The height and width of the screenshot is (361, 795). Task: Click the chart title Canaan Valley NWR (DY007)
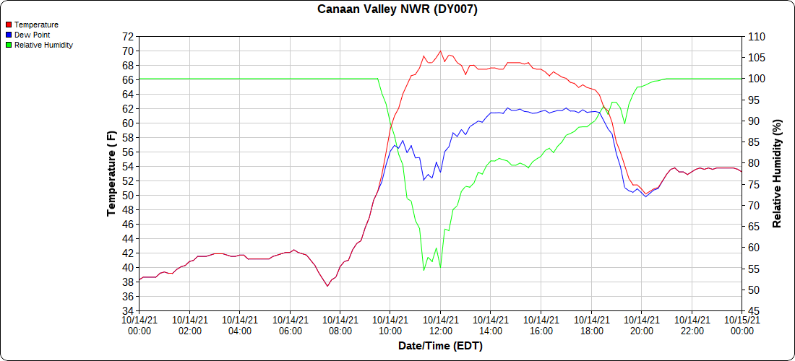(x=397, y=9)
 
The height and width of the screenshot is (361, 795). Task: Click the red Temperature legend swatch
(x=8, y=25)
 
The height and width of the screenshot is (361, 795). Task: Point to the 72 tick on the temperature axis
(x=128, y=36)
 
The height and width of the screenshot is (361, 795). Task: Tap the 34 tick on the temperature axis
(x=128, y=310)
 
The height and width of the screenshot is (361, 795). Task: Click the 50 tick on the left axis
(x=128, y=195)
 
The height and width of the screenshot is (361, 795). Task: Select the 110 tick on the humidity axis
(x=756, y=36)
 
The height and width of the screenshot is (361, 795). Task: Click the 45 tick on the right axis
(x=753, y=310)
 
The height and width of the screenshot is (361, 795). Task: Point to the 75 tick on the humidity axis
(x=753, y=184)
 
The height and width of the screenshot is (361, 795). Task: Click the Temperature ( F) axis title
(x=111, y=173)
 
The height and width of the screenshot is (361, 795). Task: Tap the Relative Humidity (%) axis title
(x=778, y=173)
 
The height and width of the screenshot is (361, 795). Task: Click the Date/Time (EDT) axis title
(x=440, y=346)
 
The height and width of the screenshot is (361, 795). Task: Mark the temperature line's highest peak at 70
(x=440, y=51)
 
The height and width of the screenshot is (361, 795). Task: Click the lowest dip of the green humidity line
(x=424, y=270)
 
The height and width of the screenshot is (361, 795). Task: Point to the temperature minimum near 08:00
(x=327, y=286)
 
